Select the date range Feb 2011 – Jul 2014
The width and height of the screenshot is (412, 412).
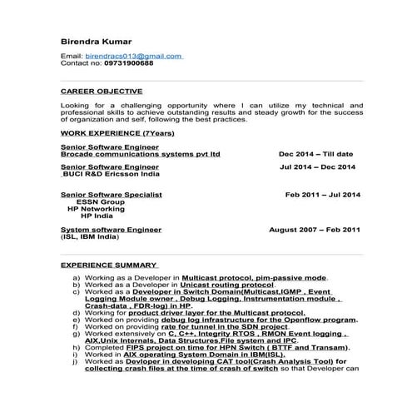(x=323, y=194)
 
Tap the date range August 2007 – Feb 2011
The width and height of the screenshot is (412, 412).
(x=315, y=228)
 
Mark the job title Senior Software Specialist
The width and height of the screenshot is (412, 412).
(x=111, y=194)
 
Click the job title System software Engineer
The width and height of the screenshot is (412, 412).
(x=111, y=228)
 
